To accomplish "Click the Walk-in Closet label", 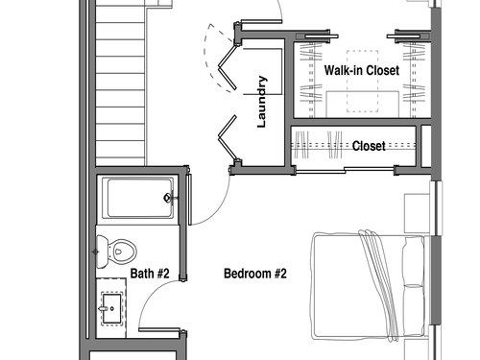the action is [x=362, y=70].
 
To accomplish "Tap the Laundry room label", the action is [x=262, y=102].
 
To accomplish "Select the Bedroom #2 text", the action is [x=255, y=274].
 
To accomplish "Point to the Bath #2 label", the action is [x=150, y=274].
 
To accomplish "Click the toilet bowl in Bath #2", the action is [x=122, y=252].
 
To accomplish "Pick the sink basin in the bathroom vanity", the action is [x=111, y=309].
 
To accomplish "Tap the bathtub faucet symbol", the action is [x=168, y=198].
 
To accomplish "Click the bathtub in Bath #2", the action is [x=138, y=198].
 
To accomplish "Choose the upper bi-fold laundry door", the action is [x=227, y=68].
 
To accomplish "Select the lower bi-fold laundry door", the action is [x=228, y=139].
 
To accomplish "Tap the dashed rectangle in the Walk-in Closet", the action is [x=363, y=81].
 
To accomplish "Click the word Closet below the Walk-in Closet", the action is [x=369, y=146].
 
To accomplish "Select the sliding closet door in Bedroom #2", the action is [x=345, y=171].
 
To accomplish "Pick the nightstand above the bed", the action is [x=415, y=213].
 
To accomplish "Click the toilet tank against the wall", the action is [x=102, y=252].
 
